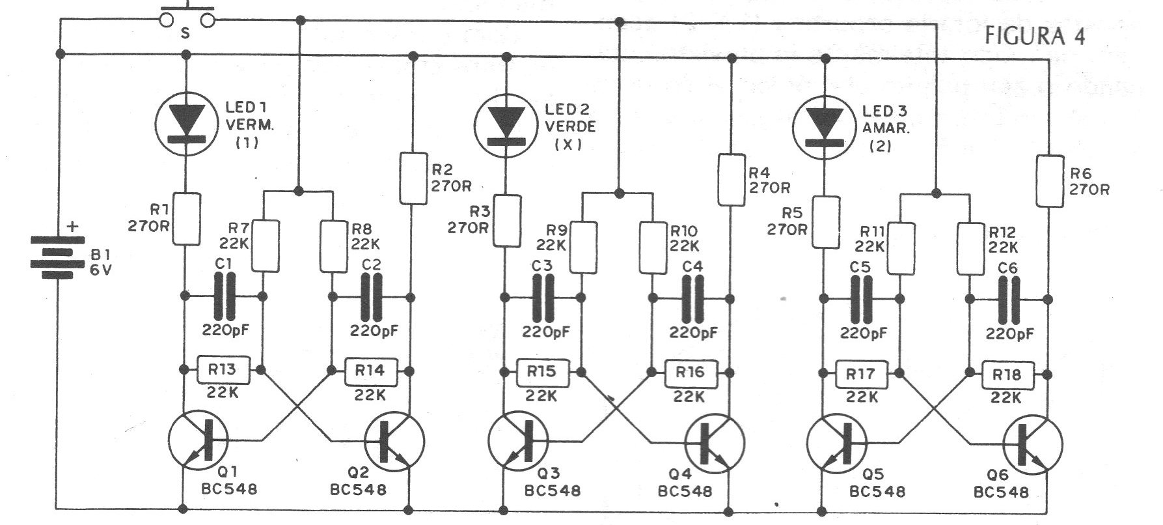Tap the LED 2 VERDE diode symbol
[x=505, y=126]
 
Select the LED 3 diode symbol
[x=823, y=126]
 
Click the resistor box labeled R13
[x=224, y=370]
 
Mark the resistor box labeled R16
[x=691, y=373]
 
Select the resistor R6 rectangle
[x=1049, y=180]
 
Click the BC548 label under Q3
[x=552, y=491]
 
